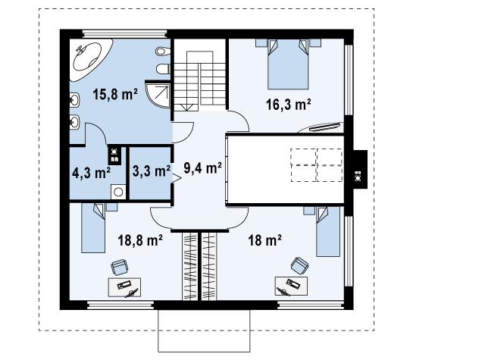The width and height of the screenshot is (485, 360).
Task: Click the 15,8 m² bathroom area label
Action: [115, 94]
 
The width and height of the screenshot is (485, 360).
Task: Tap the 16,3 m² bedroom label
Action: [288, 105]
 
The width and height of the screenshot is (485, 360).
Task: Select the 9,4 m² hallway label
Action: [202, 168]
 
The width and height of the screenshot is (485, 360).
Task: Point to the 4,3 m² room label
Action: [91, 173]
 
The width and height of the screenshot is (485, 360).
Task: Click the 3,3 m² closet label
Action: [152, 171]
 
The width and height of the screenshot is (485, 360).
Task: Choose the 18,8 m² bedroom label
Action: [140, 240]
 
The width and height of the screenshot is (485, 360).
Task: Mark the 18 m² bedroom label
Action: [264, 240]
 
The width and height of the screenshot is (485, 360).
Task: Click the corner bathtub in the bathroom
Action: [89, 59]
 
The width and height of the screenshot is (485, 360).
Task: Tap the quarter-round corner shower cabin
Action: [158, 94]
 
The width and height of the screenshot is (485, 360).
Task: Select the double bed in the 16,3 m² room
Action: [288, 64]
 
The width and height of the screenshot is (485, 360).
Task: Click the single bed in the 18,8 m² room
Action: [93, 227]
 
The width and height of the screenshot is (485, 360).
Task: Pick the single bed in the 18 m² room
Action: [328, 231]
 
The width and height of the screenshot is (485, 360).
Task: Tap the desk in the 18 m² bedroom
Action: [291, 286]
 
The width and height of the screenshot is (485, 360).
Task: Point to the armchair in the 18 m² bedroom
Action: [299, 266]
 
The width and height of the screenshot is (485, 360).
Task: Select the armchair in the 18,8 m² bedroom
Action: [120, 268]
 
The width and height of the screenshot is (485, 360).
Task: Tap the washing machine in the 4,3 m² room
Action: [118, 192]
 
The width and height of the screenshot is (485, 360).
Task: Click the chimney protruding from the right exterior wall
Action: [360, 169]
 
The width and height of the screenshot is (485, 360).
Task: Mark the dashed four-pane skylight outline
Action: [317, 165]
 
